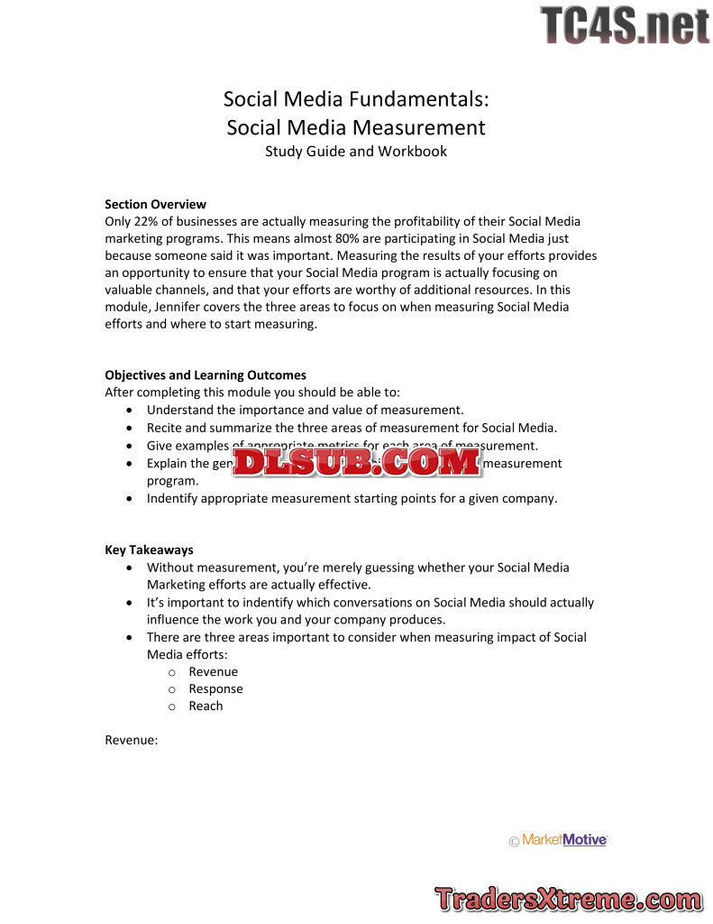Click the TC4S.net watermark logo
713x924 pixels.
pos(625,25)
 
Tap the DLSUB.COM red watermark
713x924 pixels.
pos(357,462)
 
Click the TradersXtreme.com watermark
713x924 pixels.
pos(569,899)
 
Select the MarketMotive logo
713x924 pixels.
pos(559,840)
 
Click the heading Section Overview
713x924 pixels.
pos(155,204)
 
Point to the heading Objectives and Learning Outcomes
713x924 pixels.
pos(206,374)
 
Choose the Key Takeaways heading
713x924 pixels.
pos(149,550)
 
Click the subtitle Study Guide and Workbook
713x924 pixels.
pos(356,151)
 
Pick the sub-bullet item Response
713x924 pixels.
pos(215,688)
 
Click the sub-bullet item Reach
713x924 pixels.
pos(206,706)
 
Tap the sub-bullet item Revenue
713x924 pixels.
pos(213,671)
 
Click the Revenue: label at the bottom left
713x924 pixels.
pos(132,740)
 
